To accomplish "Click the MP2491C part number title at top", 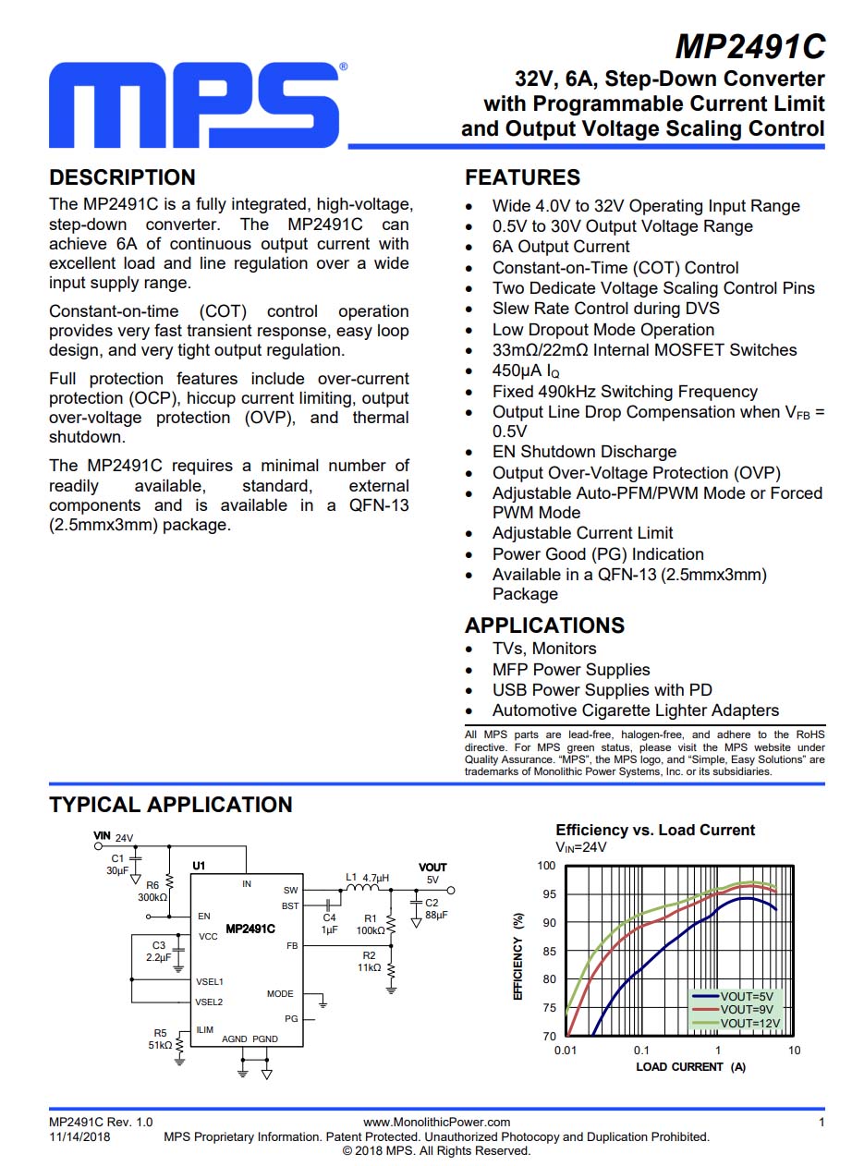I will coord(749,46).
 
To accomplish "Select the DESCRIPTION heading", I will coord(122,177).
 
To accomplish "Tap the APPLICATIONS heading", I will coord(544,626).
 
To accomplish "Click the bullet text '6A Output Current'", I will coord(561,247).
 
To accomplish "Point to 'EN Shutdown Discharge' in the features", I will coord(584,452).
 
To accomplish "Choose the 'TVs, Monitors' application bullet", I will coord(544,649).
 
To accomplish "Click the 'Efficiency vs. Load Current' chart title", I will coord(655,830).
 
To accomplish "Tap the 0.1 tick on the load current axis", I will coord(641,1051).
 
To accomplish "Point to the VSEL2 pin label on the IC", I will coord(210,1002).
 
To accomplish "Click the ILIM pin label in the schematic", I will coord(204,1029).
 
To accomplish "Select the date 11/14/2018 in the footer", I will coord(79,1136).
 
